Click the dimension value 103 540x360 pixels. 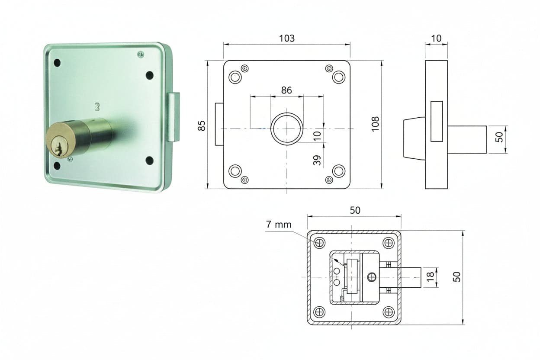coord(286,39)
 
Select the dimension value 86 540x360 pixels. coord(286,90)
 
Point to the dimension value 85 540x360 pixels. coord(201,125)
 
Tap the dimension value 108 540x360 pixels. coord(375,124)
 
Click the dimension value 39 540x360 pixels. coord(317,160)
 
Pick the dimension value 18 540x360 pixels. coord(430,277)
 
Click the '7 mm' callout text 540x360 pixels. coord(279,225)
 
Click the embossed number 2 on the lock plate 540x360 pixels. coord(97,106)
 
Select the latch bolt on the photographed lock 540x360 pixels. coord(174,117)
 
